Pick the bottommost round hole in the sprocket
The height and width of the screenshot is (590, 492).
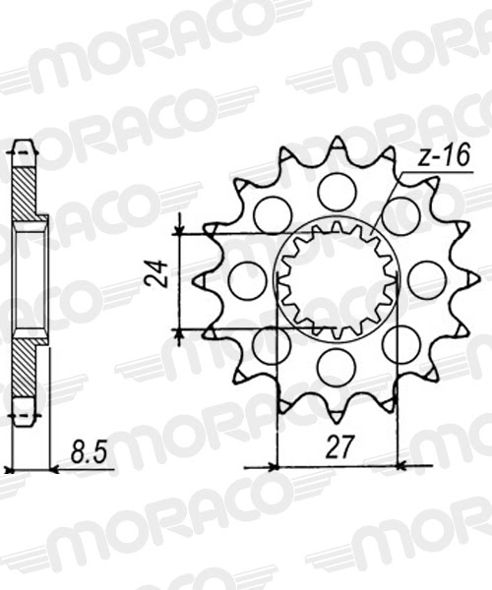(x=336, y=367)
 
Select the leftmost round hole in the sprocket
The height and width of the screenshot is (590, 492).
(x=247, y=280)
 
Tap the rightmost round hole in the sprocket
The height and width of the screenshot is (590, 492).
(x=426, y=280)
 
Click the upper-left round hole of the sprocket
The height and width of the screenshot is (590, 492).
(x=272, y=214)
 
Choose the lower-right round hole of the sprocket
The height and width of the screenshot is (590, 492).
(x=400, y=343)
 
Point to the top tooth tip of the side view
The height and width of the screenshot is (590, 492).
(x=23, y=148)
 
